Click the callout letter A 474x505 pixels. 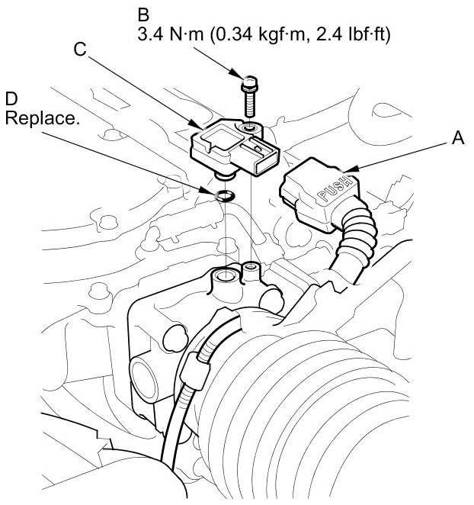tap(457, 139)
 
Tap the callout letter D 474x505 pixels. tap(11, 99)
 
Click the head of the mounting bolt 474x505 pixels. tap(250, 79)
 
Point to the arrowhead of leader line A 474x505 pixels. tap(345, 169)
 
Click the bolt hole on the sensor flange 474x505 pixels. tap(251, 124)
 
